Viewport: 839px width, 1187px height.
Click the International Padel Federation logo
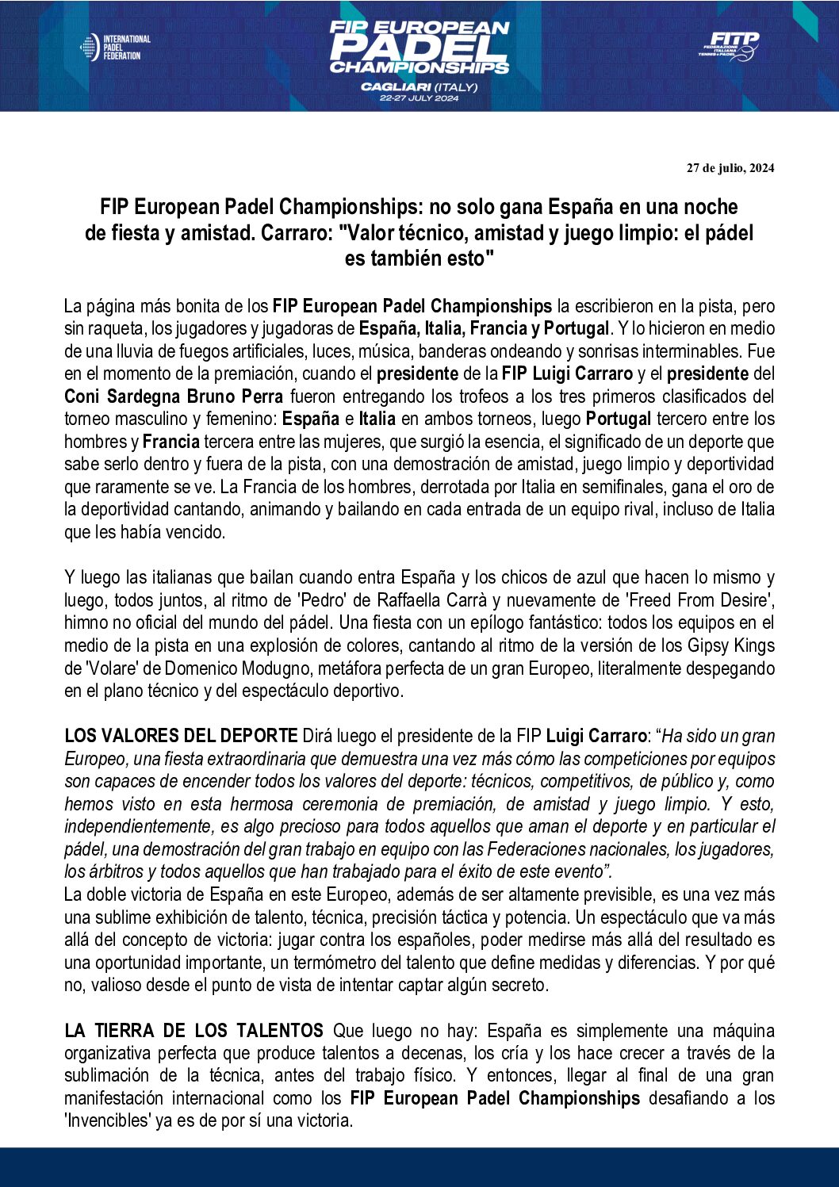pos(115,48)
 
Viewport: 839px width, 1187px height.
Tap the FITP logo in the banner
pos(729,46)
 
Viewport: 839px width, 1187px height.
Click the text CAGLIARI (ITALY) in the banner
pos(419,86)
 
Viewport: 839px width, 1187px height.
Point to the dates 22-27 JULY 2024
pos(419,98)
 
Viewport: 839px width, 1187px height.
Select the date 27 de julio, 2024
pos(730,168)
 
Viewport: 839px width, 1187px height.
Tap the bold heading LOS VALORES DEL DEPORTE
pos(181,736)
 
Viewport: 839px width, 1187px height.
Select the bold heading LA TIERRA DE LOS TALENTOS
pos(193,1030)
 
